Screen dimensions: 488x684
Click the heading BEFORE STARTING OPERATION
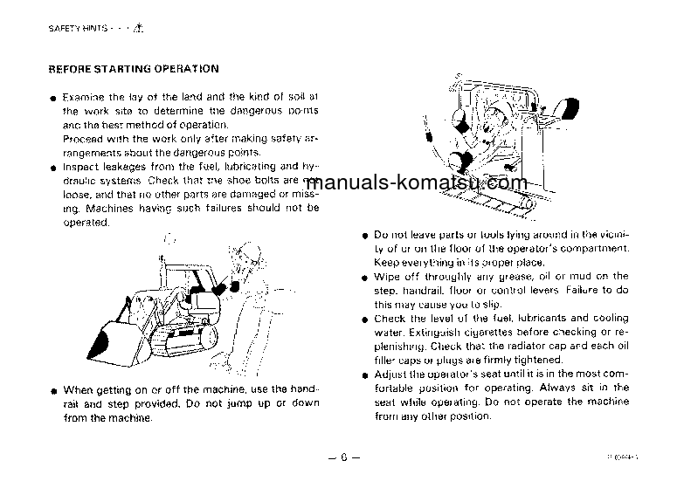click(133, 68)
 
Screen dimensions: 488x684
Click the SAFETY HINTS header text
click(79, 28)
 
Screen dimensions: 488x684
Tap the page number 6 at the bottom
click(343, 457)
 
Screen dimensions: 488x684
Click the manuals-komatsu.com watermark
click(418, 182)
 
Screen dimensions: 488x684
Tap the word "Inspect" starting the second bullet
click(82, 166)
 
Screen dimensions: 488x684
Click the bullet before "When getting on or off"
click(54, 390)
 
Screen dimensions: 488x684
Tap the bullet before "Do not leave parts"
click(365, 236)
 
